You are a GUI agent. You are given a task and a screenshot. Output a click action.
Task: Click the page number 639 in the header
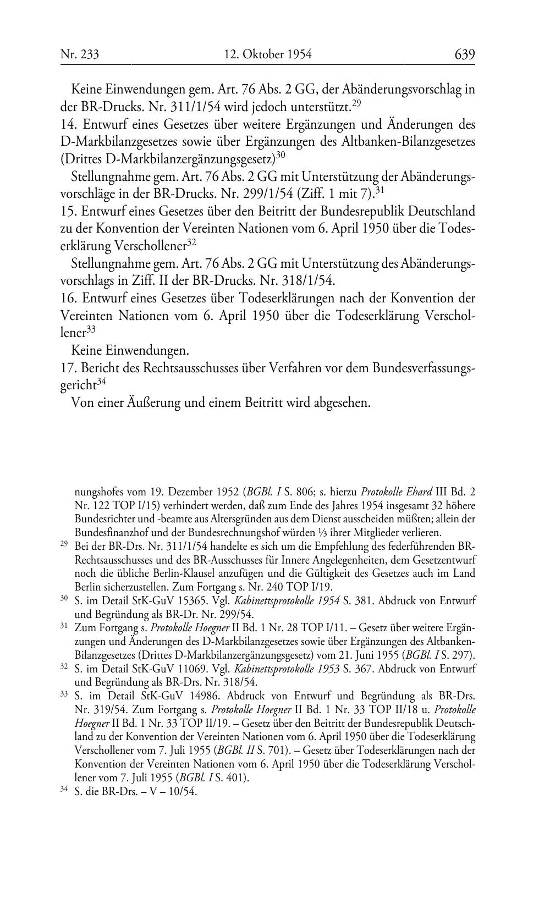point(464,54)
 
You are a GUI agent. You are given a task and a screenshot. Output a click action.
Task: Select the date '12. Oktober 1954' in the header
point(268,54)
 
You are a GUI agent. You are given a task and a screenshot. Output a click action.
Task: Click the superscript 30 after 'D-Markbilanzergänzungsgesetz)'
point(280,155)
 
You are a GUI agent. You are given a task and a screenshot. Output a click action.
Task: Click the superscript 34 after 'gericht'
point(101,382)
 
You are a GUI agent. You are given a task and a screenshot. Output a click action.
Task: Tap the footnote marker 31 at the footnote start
point(64,626)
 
